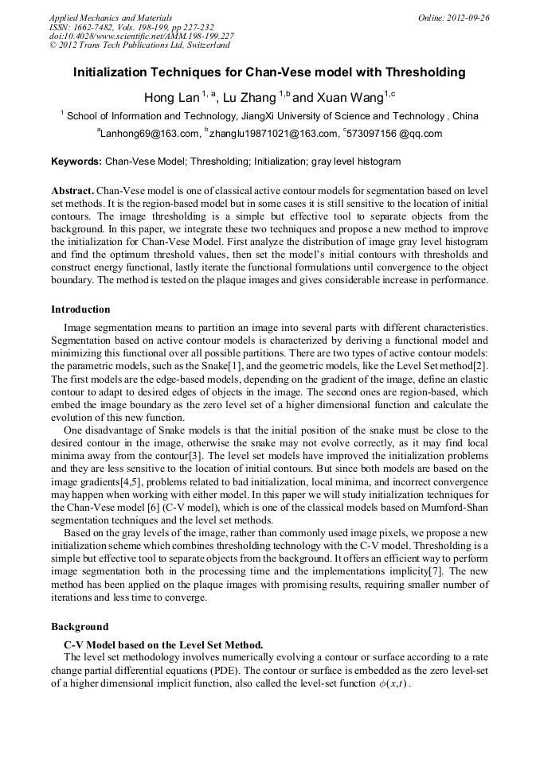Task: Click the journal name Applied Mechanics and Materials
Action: pos(111,18)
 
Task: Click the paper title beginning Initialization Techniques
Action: pos(269,72)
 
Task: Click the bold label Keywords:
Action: pos(76,162)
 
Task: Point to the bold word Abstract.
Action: pos(72,192)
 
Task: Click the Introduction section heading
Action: pos(80,309)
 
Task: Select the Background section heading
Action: pos(80,627)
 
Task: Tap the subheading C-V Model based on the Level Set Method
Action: pos(163,644)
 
